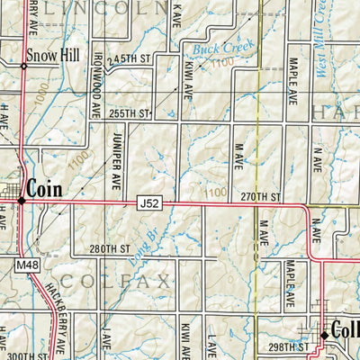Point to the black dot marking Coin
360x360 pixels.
[x=22, y=200]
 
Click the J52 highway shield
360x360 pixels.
[x=149, y=204]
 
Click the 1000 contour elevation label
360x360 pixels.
[x=36, y=107]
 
